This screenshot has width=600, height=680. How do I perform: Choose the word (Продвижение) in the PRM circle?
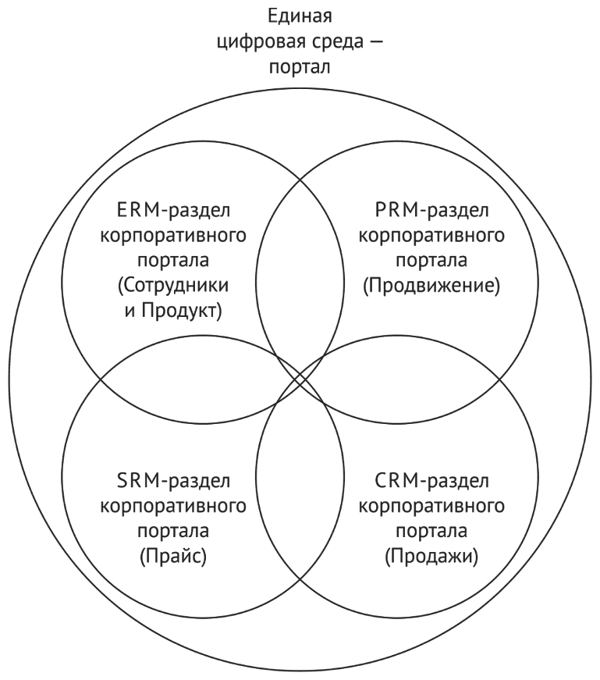click(x=431, y=286)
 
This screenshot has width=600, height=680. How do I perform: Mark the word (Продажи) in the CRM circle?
click(x=431, y=557)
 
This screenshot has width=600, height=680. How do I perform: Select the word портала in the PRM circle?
click(x=431, y=261)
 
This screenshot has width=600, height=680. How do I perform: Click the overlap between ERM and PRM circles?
click(x=300, y=265)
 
